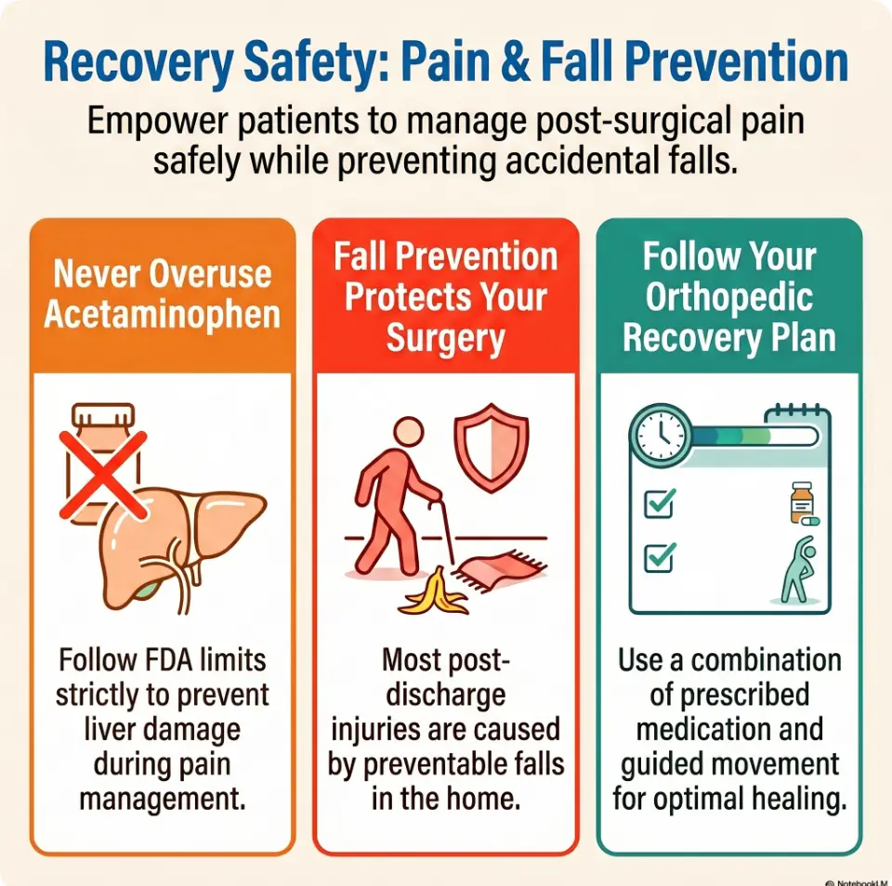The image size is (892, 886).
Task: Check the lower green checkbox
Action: tap(659, 556)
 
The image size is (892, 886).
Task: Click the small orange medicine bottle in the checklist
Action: tap(801, 502)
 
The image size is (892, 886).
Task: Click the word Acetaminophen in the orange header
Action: tap(162, 315)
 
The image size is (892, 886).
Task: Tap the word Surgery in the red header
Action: tap(446, 339)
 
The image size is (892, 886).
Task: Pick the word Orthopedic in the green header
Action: tap(728, 297)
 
